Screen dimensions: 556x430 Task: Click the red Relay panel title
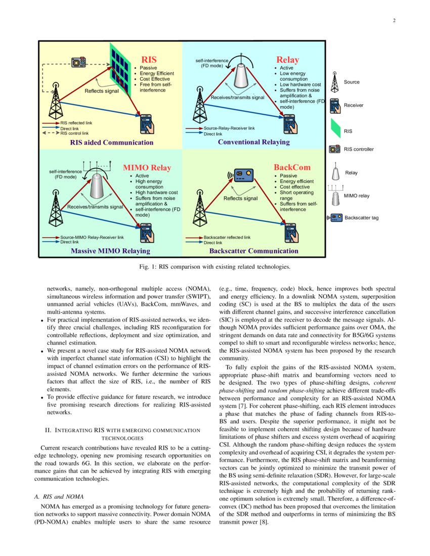pyautogui.click(x=287, y=60)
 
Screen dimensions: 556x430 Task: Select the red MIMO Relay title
pyautogui.click(x=147, y=168)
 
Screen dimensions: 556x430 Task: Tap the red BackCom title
pyautogui.click(x=292, y=167)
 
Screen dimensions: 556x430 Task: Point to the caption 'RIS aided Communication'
pyautogui.click(x=111, y=143)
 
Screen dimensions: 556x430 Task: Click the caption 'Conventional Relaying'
pyautogui.click(x=253, y=142)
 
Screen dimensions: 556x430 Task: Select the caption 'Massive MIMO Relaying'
pyautogui.click(x=110, y=251)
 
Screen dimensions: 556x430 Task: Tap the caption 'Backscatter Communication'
pyautogui.click(x=253, y=251)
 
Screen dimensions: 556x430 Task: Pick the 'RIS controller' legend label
pyautogui.click(x=359, y=149)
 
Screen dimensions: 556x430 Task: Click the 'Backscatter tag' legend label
pyautogui.click(x=361, y=218)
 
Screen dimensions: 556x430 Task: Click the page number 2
pyautogui.click(x=394, y=21)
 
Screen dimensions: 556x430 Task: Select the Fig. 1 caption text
pyautogui.click(x=215, y=266)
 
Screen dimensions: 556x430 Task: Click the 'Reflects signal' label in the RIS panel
pyautogui.click(x=101, y=91)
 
